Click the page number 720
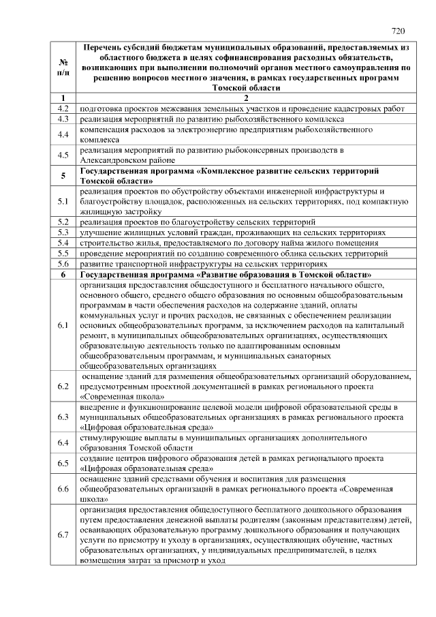[x=399, y=31]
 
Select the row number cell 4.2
[x=63, y=108]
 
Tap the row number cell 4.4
[x=63, y=134]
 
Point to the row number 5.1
[x=63, y=202]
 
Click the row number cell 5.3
[x=63, y=232]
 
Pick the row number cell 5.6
[x=63, y=262]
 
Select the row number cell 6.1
[x=63, y=325]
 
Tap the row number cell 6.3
[x=63, y=417]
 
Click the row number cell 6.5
[x=63, y=464]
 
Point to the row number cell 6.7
[x=63, y=535]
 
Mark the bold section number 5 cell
[x=63, y=176]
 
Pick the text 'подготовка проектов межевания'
[x=143, y=108]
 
